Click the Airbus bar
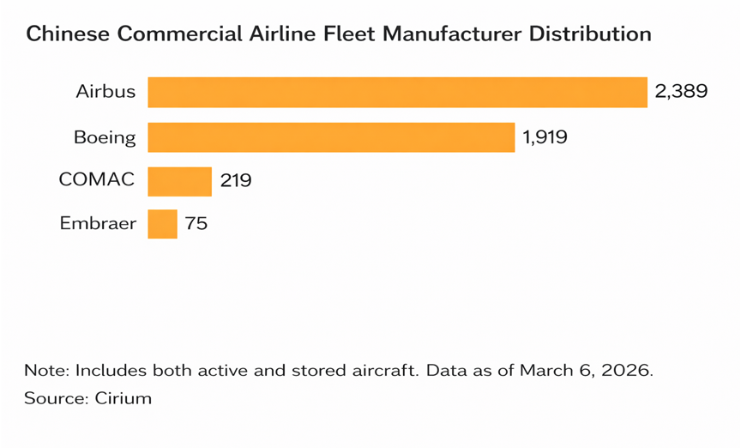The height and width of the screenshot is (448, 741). click(x=397, y=92)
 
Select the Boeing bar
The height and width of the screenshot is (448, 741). click(x=331, y=137)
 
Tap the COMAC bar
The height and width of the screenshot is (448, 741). click(x=179, y=182)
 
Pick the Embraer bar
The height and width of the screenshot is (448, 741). click(x=162, y=224)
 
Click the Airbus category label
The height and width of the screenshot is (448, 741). click(x=105, y=92)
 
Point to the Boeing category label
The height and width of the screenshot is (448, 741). click(x=105, y=137)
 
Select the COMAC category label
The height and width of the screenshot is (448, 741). click(x=97, y=180)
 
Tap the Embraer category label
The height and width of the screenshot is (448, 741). click(x=98, y=224)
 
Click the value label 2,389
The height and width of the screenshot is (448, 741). click(x=681, y=92)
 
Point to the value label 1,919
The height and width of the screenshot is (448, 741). click(x=545, y=137)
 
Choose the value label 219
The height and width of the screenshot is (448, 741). click(x=236, y=182)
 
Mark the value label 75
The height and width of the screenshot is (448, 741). click(x=196, y=224)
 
